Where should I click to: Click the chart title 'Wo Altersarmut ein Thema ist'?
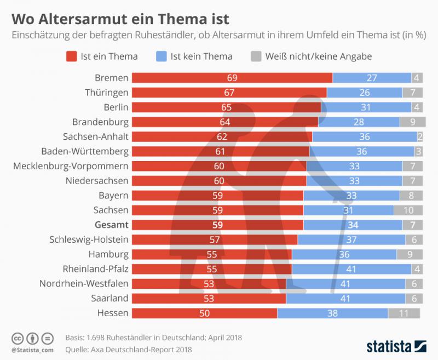coord(117,19)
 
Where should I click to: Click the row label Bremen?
coord(111,77)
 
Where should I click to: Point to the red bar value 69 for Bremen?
coord(232,78)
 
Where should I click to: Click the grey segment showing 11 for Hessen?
coord(404,313)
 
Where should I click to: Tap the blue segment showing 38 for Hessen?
coord(332,313)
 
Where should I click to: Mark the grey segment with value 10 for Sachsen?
coord(407,210)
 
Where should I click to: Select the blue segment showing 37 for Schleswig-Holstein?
coord(351,239)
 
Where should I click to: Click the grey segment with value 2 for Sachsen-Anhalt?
coord(420,136)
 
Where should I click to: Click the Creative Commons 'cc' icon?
coord(17,338)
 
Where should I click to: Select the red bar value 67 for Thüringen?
coord(229,93)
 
